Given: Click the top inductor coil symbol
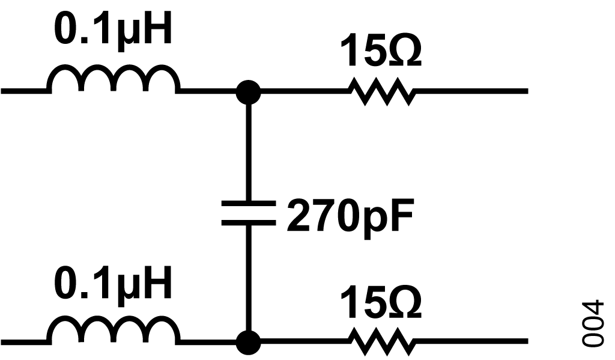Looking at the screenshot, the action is (114, 67).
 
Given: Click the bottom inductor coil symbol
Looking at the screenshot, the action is (114, 318).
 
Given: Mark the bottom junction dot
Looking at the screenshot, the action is (248, 343).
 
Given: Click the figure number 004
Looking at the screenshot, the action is (592, 324).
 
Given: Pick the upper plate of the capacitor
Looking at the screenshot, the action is (248, 203).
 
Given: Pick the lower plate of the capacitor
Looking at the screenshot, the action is (248, 223).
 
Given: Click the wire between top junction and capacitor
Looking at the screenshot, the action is (248, 152).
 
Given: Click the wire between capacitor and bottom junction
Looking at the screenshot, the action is (248, 278).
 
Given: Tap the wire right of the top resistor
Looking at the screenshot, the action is (471, 91).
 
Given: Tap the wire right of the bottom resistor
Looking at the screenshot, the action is (471, 341).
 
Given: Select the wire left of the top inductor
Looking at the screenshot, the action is (24, 91).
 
